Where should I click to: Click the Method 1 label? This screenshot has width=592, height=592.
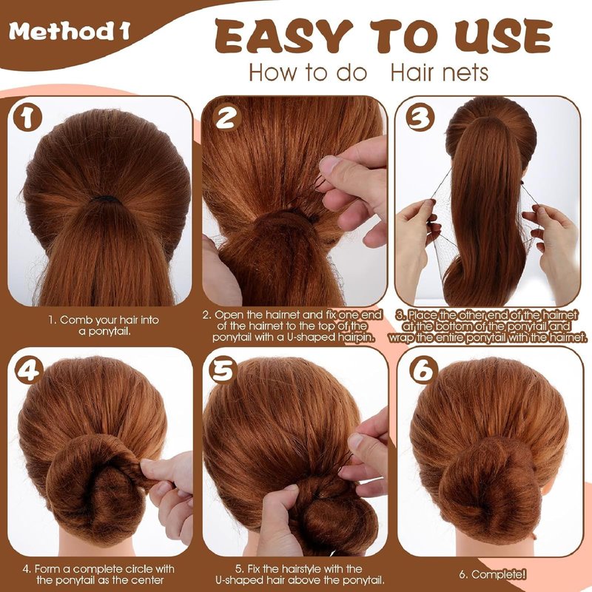70,31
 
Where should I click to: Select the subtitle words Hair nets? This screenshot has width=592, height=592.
440,72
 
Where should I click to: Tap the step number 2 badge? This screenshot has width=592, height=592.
226,118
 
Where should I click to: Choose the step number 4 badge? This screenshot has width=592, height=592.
27,371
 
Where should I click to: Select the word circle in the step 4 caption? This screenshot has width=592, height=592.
134,568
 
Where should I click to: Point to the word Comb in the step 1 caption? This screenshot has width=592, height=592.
76,320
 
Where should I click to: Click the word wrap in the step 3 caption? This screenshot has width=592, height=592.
400,337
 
